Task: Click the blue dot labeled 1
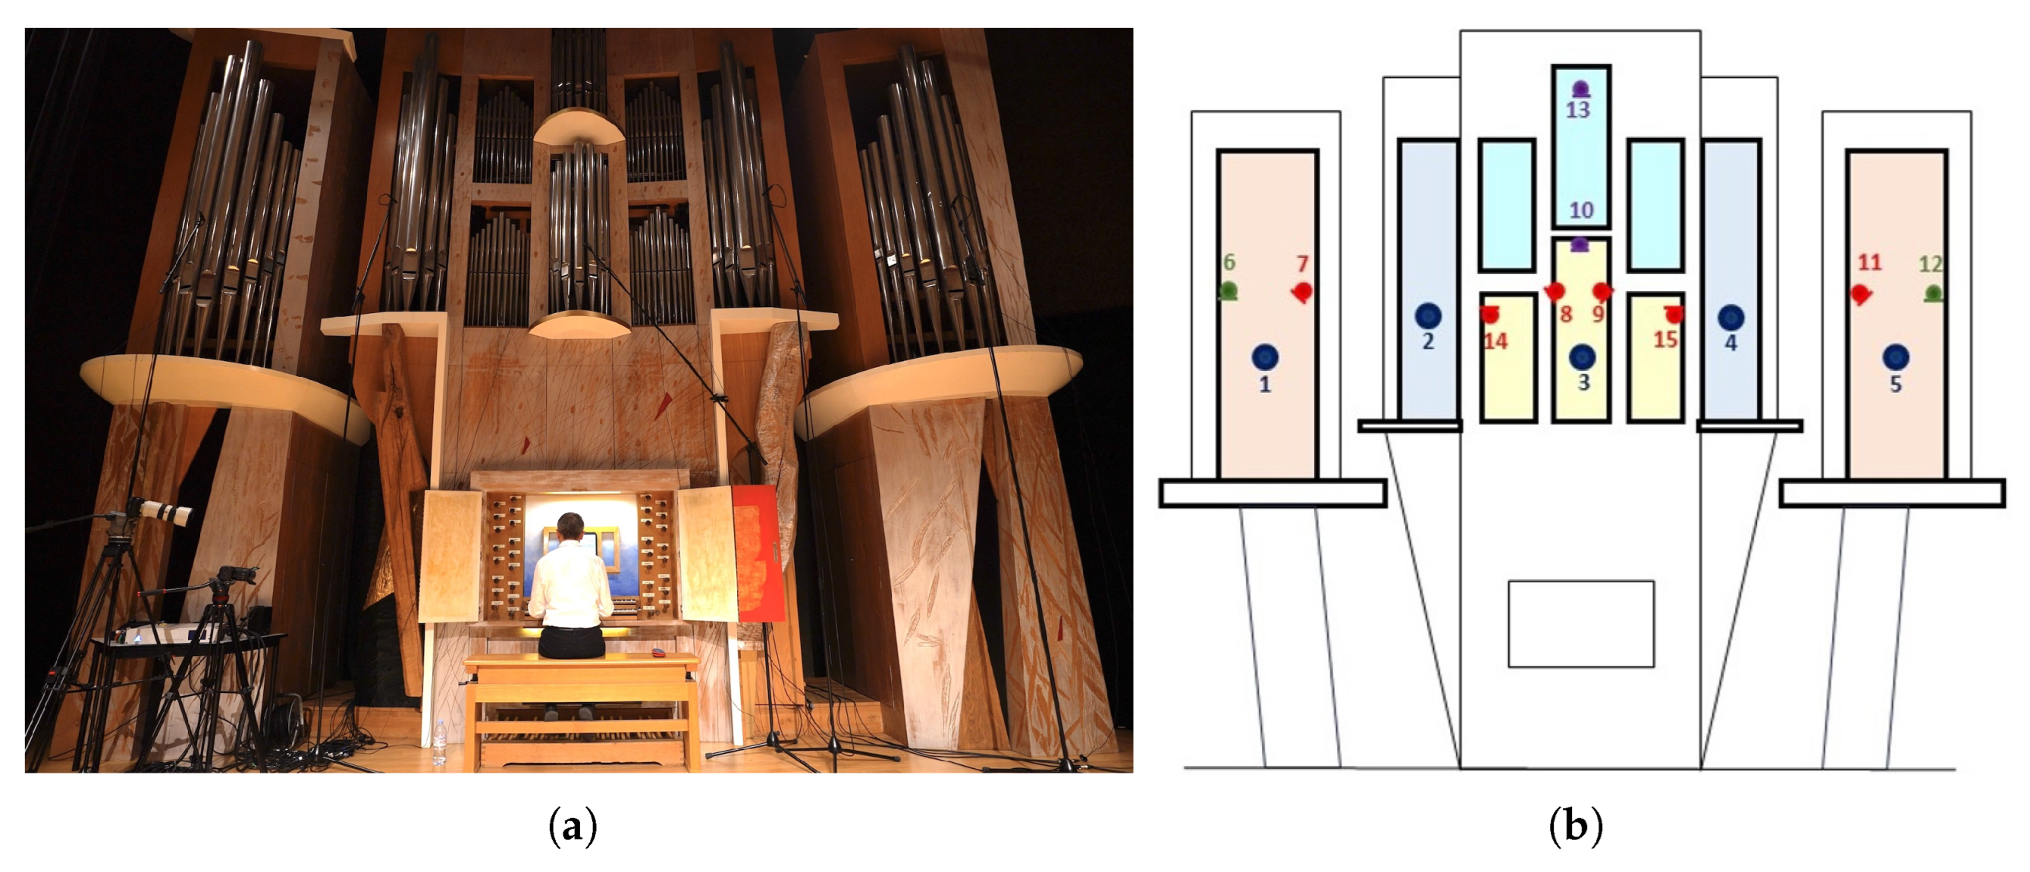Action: coord(1265,357)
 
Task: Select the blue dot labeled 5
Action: coord(1895,357)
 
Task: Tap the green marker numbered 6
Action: coord(1228,291)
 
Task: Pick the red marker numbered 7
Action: coord(1302,292)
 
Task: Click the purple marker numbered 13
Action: coord(1580,89)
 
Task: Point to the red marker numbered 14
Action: coord(1489,314)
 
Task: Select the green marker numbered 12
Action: coord(1932,293)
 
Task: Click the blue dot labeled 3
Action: coord(1582,357)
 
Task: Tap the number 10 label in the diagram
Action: coord(1581,210)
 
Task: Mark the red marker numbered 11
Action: coord(1861,293)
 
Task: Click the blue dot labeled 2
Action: coord(1428,316)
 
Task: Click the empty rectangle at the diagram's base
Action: coord(1581,624)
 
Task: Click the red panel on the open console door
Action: coord(758,551)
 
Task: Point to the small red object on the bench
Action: coord(658,652)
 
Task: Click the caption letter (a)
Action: coord(572,827)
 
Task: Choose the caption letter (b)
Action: coord(1575,827)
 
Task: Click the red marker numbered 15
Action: coord(1674,314)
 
